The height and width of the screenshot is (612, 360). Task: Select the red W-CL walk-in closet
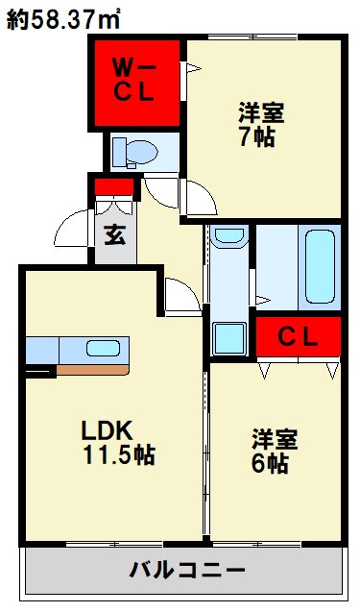click(x=136, y=83)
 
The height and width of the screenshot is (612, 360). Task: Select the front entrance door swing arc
click(x=75, y=229)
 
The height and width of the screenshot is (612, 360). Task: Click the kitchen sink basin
click(x=103, y=349)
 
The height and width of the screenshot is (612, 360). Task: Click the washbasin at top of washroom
click(x=228, y=236)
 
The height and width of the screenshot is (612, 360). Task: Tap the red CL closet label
click(x=299, y=336)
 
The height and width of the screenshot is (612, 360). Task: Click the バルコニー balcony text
click(x=187, y=570)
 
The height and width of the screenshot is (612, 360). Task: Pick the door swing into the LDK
click(x=180, y=292)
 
